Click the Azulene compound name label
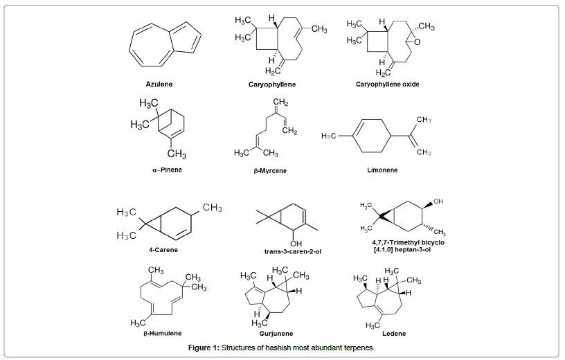pyautogui.click(x=159, y=84)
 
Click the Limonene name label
pyautogui.click(x=382, y=170)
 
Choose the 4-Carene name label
pyautogui.click(x=161, y=249)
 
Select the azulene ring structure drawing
pyautogui.click(x=165, y=48)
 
